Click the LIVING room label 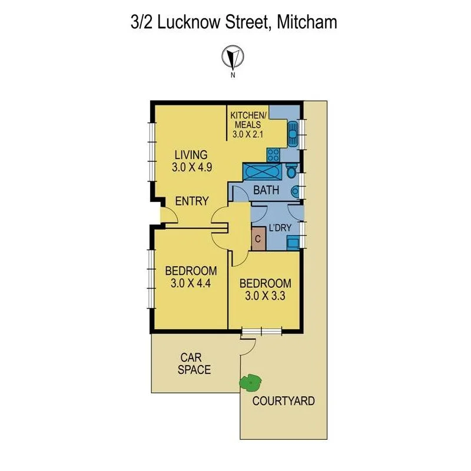click(190, 155)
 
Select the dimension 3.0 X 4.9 click(191, 167)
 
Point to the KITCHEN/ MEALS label click(248, 120)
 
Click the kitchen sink click(293, 134)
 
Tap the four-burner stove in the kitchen click(273, 155)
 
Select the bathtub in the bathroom click(262, 173)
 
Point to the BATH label click(266, 191)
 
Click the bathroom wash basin click(296, 191)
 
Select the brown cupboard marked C click(257, 239)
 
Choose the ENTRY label click(192, 201)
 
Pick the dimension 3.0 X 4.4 click(191, 282)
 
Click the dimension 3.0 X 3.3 click(265, 296)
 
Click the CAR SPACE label click(195, 364)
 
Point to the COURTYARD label click(283, 402)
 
